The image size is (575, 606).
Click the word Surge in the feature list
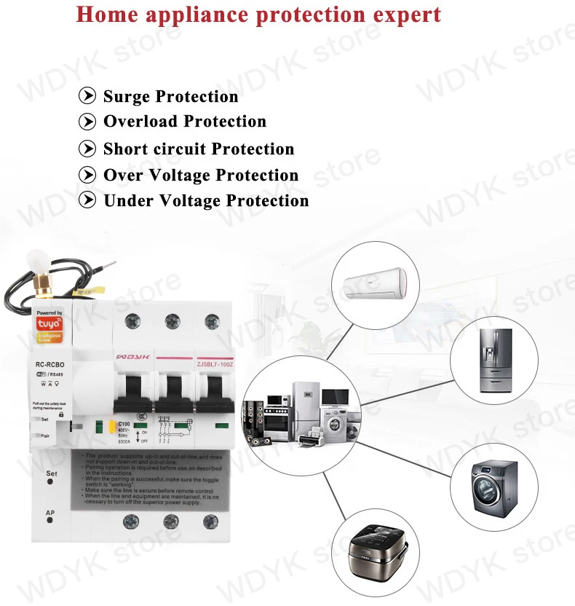pyautogui.click(x=127, y=97)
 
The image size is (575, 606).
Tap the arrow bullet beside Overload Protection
pyautogui.click(x=87, y=122)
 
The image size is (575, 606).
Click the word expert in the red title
pyautogui.click(x=404, y=15)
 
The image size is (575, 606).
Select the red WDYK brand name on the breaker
pyautogui.click(x=132, y=358)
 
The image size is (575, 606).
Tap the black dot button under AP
pyautogui.click(x=50, y=524)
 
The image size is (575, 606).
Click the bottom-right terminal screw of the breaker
pyautogui.click(x=211, y=522)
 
